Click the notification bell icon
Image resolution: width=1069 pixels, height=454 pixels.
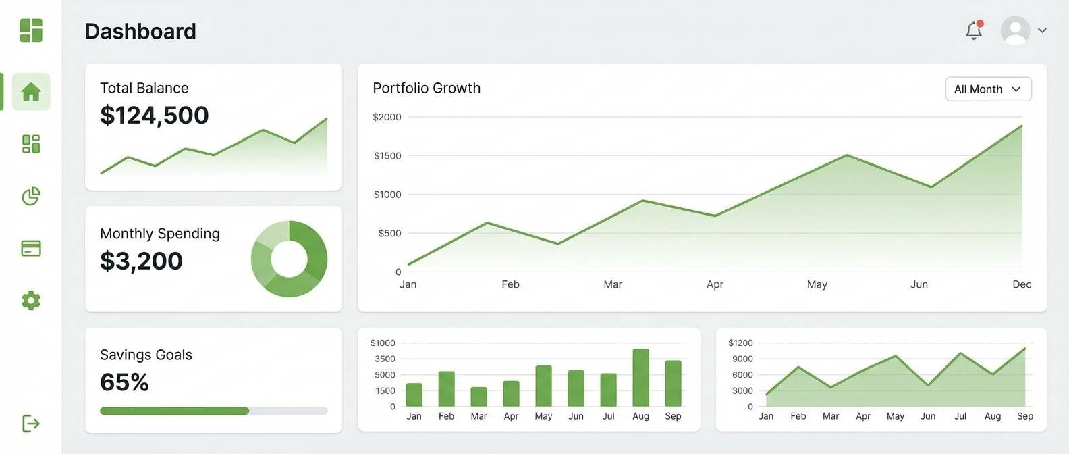[x=973, y=30]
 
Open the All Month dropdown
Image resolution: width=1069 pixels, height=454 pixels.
[x=988, y=89]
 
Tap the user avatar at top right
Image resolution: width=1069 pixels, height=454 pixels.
[x=1015, y=30]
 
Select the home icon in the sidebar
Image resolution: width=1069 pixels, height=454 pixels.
[x=31, y=92]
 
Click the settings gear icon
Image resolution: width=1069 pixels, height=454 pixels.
[x=31, y=301]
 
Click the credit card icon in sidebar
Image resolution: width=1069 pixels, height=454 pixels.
[x=31, y=249]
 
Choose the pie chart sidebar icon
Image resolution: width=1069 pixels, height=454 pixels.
[x=31, y=197]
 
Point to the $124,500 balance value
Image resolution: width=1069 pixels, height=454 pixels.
[x=155, y=116]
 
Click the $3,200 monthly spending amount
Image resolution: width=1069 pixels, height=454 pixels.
[x=141, y=261]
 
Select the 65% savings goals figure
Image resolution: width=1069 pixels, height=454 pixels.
[x=124, y=382]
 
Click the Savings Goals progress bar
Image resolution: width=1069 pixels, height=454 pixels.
[x=213, y=411]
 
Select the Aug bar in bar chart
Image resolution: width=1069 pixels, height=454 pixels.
[x=640, y=378]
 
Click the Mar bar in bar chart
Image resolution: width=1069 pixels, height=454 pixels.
[x=478, y=397]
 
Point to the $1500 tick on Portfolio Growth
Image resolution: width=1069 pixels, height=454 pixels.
[x=387, y=156]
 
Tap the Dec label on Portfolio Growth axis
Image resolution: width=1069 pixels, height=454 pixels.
[x=1021, y=284]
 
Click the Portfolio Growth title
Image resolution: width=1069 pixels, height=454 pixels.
[x=427, y=89]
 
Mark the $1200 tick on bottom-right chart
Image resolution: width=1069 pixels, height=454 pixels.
[x=740, y=343]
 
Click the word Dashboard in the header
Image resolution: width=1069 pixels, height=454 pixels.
[x=140, y=31]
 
